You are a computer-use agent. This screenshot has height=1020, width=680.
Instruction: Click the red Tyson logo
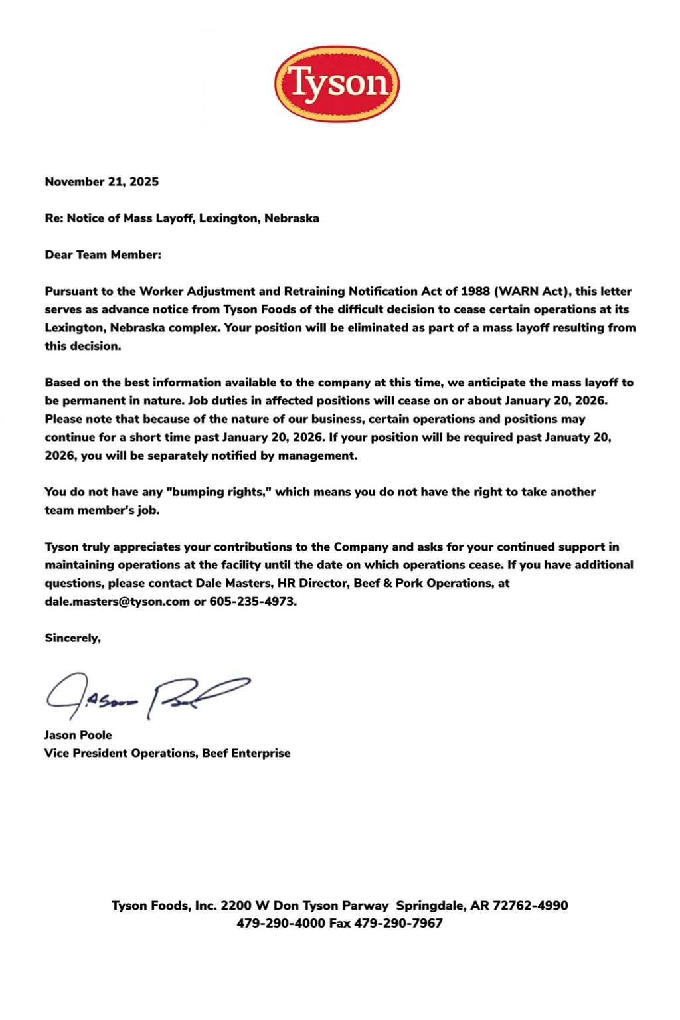pos(337,84)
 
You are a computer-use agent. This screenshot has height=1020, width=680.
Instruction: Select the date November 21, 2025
pos(102,182)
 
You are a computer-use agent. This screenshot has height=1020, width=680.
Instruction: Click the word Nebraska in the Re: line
pos(292,218)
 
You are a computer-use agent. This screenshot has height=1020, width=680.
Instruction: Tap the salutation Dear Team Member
pos(103,255)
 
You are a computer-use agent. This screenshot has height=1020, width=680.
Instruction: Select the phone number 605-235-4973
pos(253,602)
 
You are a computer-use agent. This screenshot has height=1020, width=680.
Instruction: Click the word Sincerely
pos(72,638)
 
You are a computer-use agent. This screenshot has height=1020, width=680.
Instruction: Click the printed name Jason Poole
pos(78,735)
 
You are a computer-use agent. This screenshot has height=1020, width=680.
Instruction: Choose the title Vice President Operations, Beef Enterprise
pos(167,753)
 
